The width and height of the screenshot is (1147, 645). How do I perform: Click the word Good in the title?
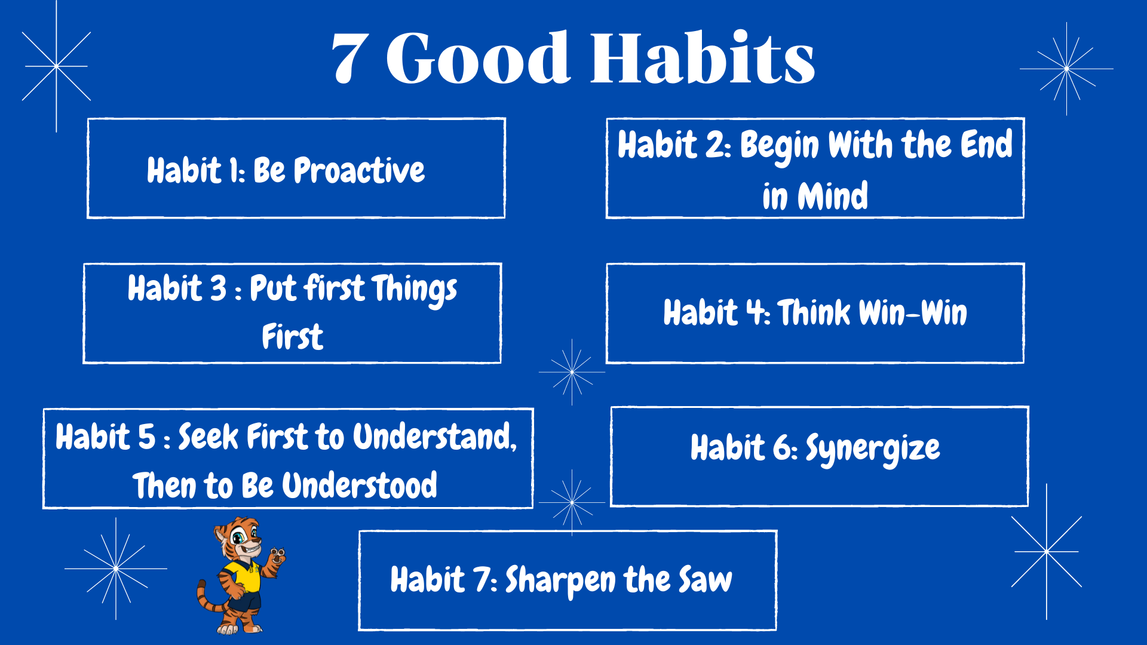[x=478, y=57]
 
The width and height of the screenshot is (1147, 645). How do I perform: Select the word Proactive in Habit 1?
[x=359, y=170]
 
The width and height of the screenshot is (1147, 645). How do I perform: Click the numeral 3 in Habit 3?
[x=219, y=288]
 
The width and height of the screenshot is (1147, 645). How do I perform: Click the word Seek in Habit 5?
[x=208, y=437]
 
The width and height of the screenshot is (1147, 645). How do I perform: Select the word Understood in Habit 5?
[x=359, y=485]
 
